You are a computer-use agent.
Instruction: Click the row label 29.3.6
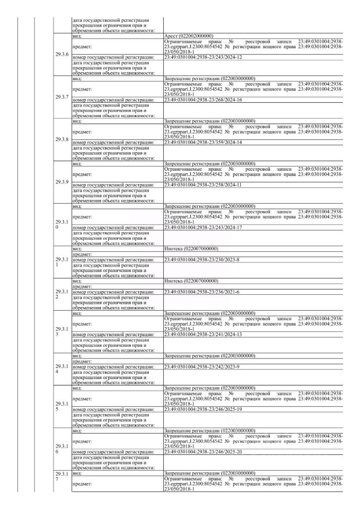pyautogui.click(x=62, y=54)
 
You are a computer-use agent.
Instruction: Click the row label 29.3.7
pyautogui.click(x=62, y=97)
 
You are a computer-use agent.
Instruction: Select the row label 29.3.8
pyautogui.click(x=62, y=139)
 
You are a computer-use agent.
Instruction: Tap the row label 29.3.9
pyautogui.click(x=62, y=182)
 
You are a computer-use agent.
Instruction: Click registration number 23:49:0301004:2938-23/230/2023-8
pyautogui.click(x=202, y=260)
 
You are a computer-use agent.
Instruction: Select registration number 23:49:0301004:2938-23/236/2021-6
pyautogui.click(x=202, y=292)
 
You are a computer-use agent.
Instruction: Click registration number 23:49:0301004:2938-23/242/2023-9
pyautogui.click(x=202, y=367)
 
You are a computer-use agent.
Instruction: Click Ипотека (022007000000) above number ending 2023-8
pyautogui.click(x=191, y=249)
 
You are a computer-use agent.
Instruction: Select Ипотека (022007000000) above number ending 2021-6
pyautogui.click(x=191, y=281)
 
